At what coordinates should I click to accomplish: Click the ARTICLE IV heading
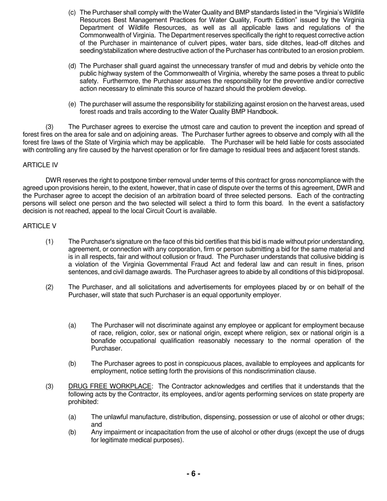(x=40, y=165)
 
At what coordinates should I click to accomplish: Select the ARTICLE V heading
(x=40, y=226)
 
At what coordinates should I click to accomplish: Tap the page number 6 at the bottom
(x=193, y=473)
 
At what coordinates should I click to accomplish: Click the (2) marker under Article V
(x=49, y=287)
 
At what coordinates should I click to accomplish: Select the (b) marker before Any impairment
(x=72, y=432)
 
